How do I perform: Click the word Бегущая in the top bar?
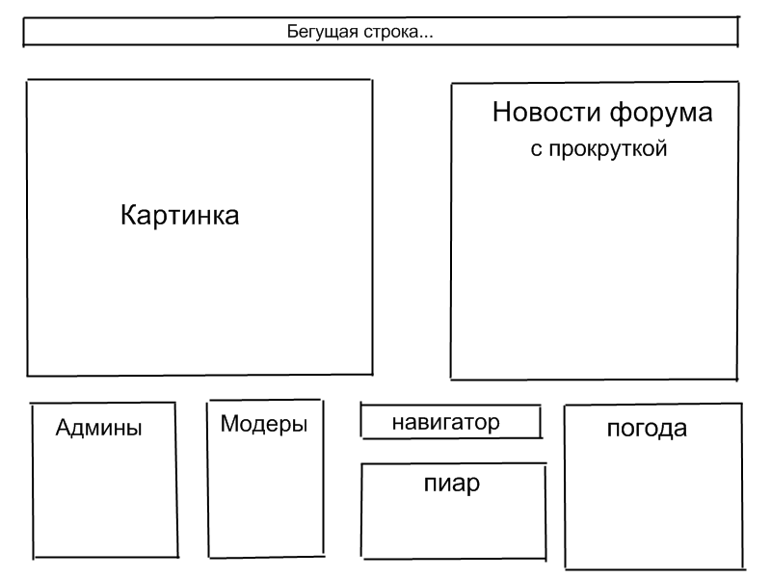click(x=322, y=33)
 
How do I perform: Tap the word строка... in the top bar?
click(x=398, y=33)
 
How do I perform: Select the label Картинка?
click(x=180, y=215)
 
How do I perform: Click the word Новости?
click(x=546, y=112)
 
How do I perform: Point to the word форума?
click(x=661, y=113)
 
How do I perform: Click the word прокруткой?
click(x=608, y=148)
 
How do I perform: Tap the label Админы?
click(x=98, y=428)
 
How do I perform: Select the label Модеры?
click(x=263, y=424)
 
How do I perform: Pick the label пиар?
click(x=452, y=484)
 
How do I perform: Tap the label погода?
click(x=647, y=429)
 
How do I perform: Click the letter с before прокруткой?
click(x=536, y=149)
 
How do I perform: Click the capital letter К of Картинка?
click(x=128, y=215)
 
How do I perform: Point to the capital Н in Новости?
click(x=501, y=112)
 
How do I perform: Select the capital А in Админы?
click(x=65, y=428)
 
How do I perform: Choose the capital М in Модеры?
click(x=229, y=424)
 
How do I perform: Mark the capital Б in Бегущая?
click(x=293, y=32)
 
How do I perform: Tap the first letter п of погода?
click(x=614, y=429)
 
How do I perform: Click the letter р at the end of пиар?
click(x=473, y=486)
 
